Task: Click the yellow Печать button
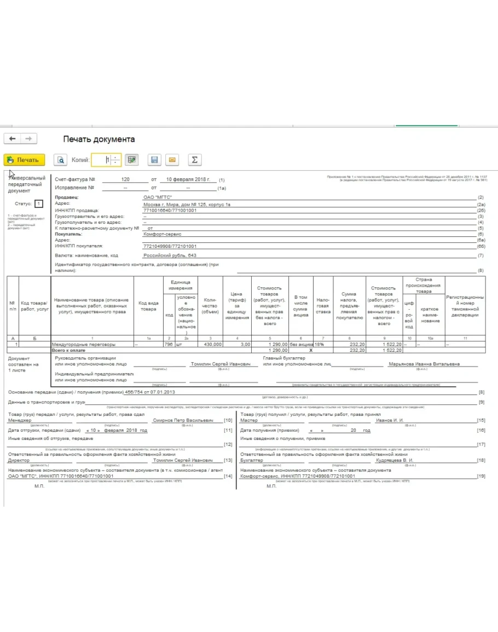click(x=24, y=160)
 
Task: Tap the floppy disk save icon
click(x=154, y=160)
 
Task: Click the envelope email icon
click(x=172, y=160)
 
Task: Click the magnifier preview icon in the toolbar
click(x=60, y=160)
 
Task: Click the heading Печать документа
click(x=99, y=139)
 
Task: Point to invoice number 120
click(x=125, y=179)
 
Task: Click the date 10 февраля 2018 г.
click(x=188, y=179)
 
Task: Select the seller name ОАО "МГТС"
click(x=158, y=198)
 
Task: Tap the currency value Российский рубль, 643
click(x=170, y=256)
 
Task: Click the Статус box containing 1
click(x=38, y=204)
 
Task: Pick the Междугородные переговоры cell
click(x=84, y=344)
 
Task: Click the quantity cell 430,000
click(x=212, y=344)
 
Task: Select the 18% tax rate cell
click(x=320, y=344)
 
